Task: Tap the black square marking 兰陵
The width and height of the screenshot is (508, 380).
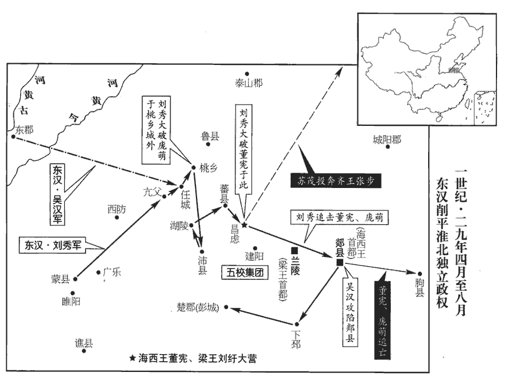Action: click(x=295, y=251)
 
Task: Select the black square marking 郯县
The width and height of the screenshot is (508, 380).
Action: click(x=340, y=262)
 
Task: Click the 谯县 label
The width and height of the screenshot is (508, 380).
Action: click(x=84, y=342)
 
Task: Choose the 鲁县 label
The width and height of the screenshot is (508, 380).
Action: click(x=210, y=136)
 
